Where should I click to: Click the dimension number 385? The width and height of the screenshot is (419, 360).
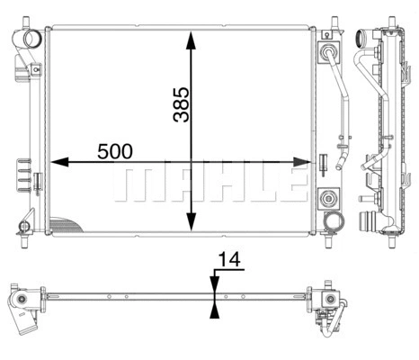[x=180, y=105]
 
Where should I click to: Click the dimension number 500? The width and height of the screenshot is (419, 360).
[x=116, y=151]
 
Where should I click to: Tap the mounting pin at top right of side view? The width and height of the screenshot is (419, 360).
[x=392, y=22]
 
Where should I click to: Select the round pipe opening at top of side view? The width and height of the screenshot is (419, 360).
[x=365, y=40]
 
